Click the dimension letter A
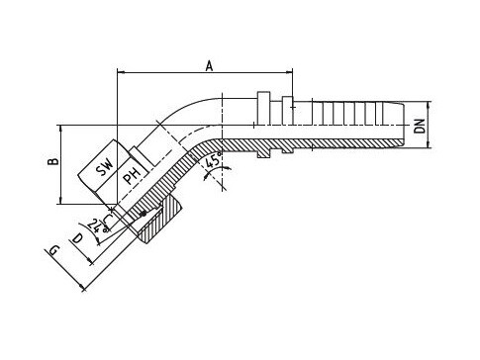[209, 65]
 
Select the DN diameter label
[420, 126]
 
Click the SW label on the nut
[104, 168]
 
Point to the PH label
[132, 175]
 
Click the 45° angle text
[212, 161]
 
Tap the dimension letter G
[53, 251]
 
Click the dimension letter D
[77, 237]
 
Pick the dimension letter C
[107, 219]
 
